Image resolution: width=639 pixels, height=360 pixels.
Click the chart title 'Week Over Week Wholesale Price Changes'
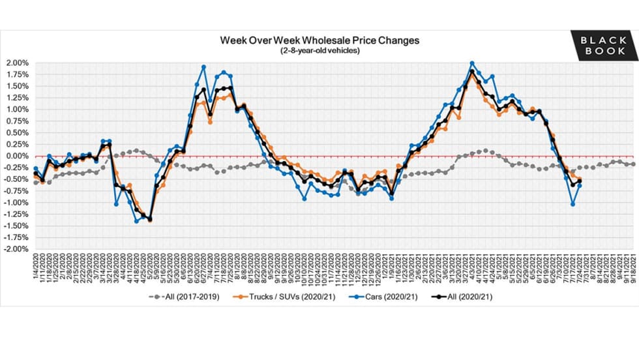coord(319,40)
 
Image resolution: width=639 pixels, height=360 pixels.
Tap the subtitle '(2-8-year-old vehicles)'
coord(319,50)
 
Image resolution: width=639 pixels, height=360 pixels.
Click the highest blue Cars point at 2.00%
coord(472,63)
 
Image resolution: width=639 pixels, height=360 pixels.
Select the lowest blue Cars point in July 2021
coord(572,204)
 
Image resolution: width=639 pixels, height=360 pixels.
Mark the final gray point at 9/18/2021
coord(633,164)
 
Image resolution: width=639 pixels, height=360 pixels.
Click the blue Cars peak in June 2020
coord(204,67)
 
